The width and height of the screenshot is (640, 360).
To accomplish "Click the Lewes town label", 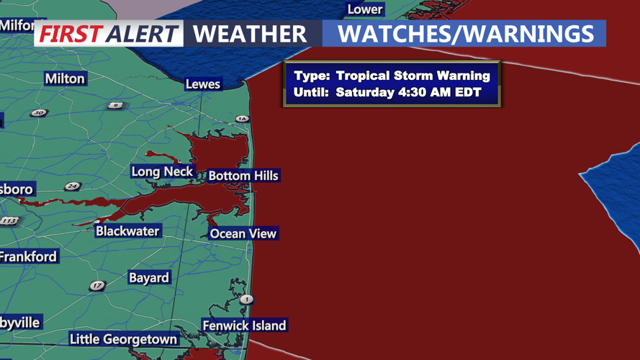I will coord(202,84).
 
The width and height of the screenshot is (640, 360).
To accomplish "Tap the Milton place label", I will coord(65,78).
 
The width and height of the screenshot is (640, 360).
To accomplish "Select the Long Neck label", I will coord(162,171).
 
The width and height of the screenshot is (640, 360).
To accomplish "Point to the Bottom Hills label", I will coord(243,176).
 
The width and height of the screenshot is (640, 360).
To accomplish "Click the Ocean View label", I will coord(243,233).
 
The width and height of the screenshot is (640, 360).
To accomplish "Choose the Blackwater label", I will coord(127,231).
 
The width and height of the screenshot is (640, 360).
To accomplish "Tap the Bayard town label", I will coord(149,278).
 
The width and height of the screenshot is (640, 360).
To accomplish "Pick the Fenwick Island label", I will coord(244,325).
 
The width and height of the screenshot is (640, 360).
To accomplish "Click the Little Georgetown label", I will coord(123,339).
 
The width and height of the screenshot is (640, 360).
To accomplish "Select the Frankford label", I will coord(27,256).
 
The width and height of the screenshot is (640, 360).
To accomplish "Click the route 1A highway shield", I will coord(242,119).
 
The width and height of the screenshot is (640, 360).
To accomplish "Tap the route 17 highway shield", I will coord(97,286).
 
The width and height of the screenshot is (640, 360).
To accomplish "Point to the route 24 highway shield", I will coord(72,186).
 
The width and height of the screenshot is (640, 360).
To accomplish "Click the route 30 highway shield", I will coord(38,113).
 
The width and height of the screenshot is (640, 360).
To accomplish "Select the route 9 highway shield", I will coord(115,106).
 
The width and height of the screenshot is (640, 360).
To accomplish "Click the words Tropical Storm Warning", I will coord(413,76).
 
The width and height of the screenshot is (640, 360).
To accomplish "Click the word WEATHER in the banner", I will coord(250,34).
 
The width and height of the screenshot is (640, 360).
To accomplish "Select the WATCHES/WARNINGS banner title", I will coord(466,33).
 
